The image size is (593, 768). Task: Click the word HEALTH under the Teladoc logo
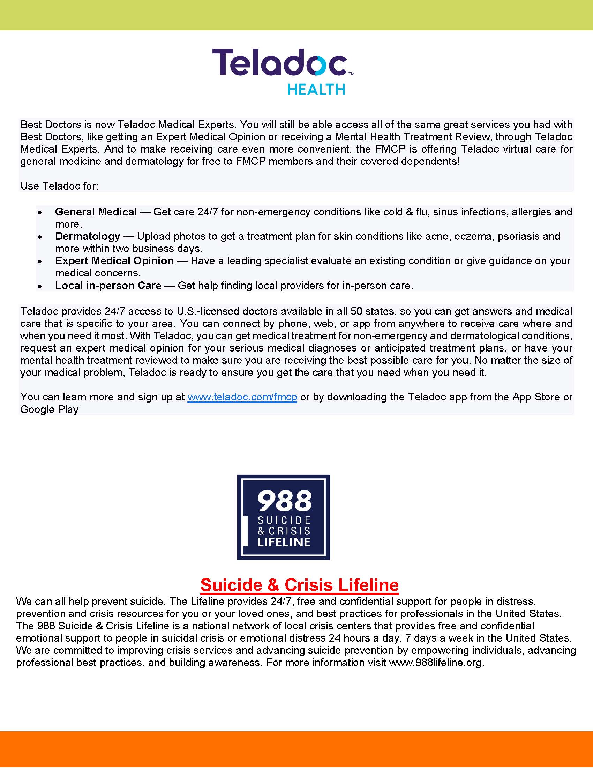pyautogui.click(x=316, y=90)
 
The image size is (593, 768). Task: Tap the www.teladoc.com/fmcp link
pyautogui.click(x=242, y=397)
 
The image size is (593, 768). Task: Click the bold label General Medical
pyautogui.click(x=96, y=212)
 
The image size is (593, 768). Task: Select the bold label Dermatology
pyautogui.click(x=88, y=236)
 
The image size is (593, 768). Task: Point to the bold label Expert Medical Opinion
pyautogui.click(x=114, y=261)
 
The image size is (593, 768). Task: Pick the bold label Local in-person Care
pyautogui.click(x=108, y=286)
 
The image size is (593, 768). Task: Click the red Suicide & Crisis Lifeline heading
pyautogui.click(x=299, y=585)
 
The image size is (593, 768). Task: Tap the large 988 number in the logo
pyautogui.click(x=284, y=501)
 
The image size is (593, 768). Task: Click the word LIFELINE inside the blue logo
pyautogui.click(x=284, y=542)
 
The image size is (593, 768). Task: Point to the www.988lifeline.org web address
pyautogui.click(x=436, y=663)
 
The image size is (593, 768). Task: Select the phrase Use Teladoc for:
pyautogui.click(x=59, y=186)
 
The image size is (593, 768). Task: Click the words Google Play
pyautogui.click(x=49, y=409)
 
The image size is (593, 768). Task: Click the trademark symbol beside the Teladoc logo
pyautogui.click(x=351, y=74)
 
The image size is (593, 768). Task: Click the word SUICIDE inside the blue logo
pyautogui.click(x=284, y=520)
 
